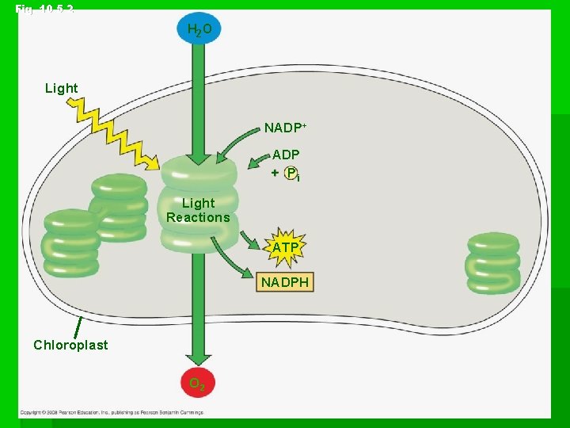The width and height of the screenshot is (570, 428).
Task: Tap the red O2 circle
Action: pos(198,384)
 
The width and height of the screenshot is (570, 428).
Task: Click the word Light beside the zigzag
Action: pos(62,88)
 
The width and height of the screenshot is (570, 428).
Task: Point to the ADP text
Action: pos(286,155)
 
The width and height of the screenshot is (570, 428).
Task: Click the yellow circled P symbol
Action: pos(291,173)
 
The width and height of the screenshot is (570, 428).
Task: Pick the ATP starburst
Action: pos(286,248)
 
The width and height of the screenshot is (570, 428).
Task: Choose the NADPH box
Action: pos(285,282)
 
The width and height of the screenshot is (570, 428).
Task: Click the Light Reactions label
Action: pos(198,210)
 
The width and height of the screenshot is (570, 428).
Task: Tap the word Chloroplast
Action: pos(70,345)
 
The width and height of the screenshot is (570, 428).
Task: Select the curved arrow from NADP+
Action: pos(234,142)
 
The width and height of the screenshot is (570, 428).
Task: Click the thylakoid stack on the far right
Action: pos(492,262)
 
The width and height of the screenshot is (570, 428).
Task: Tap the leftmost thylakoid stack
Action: pos(70,243)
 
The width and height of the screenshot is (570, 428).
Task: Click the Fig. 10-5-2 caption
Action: pos(44,9)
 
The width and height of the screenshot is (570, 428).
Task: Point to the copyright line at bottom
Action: pos(119,413)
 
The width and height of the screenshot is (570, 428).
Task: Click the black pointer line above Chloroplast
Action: pos(78,327)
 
